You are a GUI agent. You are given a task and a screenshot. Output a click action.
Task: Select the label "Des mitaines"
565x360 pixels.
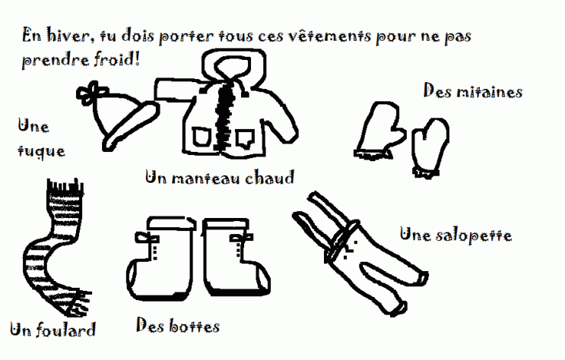(x=473, y=91)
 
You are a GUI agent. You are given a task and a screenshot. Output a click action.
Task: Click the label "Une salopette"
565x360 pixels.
(x=456, y=236)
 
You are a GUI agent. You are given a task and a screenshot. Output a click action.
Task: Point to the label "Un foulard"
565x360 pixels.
(x=53, y=329)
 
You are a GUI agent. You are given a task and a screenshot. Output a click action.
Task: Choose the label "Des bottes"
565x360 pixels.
(x=177, y=325)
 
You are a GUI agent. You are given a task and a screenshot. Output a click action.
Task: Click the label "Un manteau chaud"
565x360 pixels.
(x=220, y=177)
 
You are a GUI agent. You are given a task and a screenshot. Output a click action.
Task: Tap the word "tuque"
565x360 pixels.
(x=41, y=151)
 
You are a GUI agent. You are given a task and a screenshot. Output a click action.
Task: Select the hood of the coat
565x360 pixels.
(x=233, y=65)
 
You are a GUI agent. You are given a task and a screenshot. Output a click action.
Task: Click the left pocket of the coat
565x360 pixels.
(x=200, y=137)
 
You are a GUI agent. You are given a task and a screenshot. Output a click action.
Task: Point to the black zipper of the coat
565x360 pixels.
(x=224, y=115)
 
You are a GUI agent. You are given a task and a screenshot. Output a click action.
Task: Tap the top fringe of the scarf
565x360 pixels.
(x=64, y=187)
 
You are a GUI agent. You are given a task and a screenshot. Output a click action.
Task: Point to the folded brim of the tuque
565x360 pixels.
(x=131, y=126)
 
